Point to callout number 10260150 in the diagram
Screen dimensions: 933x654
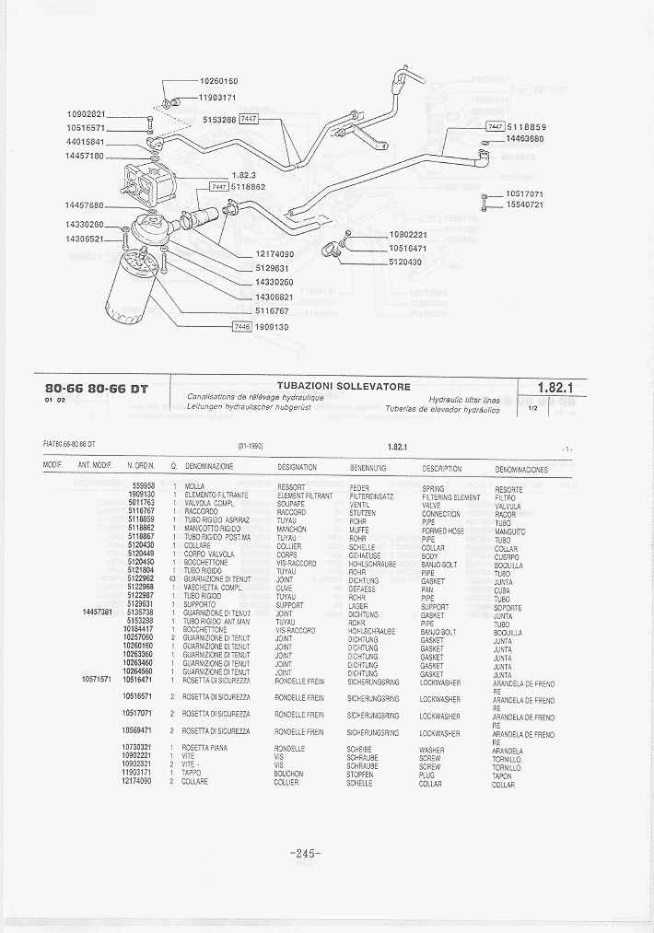(218, 82)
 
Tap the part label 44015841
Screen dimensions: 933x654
(86, 142)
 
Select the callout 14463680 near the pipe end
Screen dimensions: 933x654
(525, 139)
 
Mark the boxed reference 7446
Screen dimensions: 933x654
(242, 326)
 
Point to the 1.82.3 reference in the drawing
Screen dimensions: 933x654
(243, 175)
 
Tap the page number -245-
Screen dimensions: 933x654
(305, 854)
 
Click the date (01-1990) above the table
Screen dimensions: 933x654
(251, 446)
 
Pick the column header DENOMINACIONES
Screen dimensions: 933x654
(520, 469)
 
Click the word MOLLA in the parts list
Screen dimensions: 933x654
(194, 486)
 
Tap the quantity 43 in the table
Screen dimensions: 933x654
(172, 578)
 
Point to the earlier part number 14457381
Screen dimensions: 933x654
(97, 612)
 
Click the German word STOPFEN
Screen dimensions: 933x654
(359, 775)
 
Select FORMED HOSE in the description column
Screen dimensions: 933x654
(442, 531)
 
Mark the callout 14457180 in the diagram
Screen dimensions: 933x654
(86, 157)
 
